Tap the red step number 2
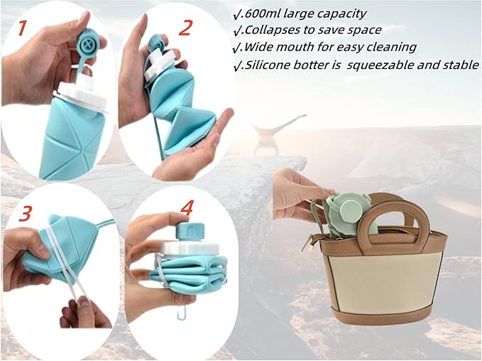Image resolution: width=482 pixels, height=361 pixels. (186, 27)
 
